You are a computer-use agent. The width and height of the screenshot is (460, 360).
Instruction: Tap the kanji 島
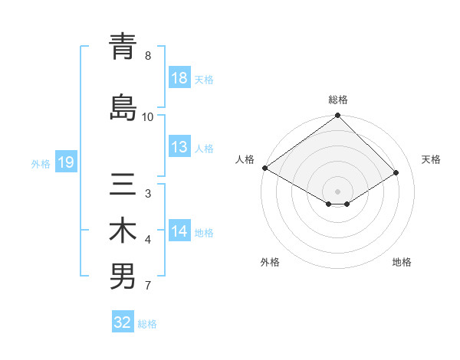coord(123,106)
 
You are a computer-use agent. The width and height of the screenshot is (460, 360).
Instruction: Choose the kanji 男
coord(123,277)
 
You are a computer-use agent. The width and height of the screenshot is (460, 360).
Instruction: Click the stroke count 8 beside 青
coord(148,56)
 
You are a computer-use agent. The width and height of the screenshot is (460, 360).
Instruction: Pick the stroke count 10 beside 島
coord(148,116)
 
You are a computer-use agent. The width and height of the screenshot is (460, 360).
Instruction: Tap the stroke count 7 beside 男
coord(148,286)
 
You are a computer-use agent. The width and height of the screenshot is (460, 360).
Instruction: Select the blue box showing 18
coord(179,79)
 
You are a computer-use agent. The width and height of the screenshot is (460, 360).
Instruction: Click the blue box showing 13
coord(179,148)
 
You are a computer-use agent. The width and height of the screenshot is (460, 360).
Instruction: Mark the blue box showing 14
coord(179,232)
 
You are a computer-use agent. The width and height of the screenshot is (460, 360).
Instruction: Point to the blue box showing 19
coord(65,162)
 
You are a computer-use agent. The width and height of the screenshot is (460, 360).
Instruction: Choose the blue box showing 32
coord(123,322)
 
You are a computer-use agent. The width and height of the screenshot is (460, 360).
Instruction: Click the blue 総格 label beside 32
coord(147,323)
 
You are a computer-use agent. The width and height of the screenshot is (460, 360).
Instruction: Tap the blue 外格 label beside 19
coord(41,163)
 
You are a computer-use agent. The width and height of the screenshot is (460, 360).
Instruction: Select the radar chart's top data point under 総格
coord(337,116)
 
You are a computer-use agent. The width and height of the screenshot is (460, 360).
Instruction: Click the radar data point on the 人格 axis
coord(264,168)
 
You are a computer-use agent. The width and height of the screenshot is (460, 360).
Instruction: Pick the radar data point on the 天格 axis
coord(397,173)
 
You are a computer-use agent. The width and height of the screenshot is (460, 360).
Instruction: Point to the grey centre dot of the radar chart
coord(337,190)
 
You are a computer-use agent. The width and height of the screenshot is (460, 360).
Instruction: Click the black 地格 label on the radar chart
coord(402,262)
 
